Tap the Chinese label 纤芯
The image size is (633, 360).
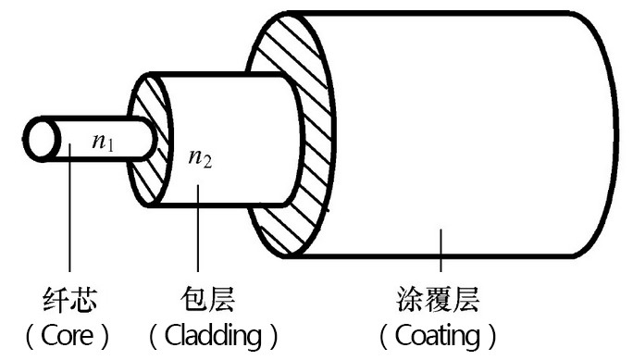click(69, 301)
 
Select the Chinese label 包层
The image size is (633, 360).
click(210, 301)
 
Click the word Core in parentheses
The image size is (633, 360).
click(69, 334)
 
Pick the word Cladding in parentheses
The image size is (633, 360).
click(212, 334)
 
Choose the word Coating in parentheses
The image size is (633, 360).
click(438, 334)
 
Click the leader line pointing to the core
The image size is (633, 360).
click(69, 222)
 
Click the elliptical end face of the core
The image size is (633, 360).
click(42, 140)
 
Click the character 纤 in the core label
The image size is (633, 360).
click(56, 301)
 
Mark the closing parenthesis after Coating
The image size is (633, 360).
click(492, 334)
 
